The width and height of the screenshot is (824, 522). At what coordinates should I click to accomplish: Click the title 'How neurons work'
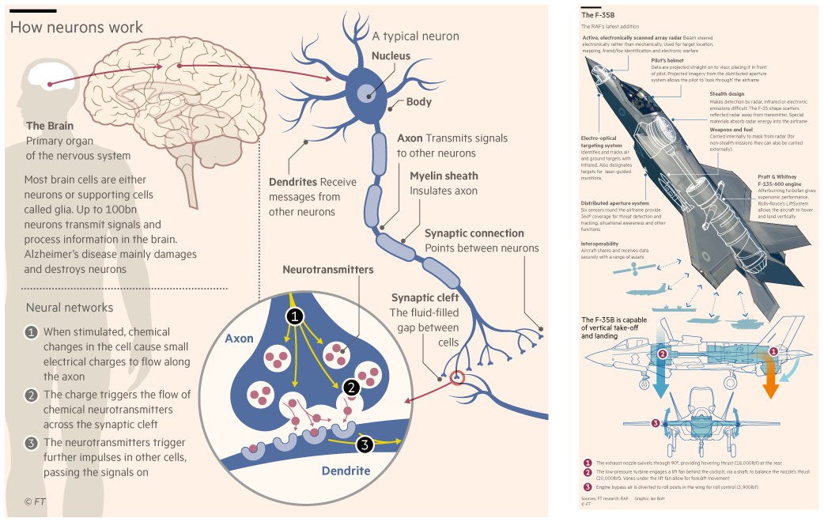tap(76, 28)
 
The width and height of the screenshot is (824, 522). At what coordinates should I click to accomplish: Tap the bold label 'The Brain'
tap(50, 126)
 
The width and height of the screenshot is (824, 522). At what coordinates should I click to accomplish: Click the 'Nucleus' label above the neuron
tap(391, 56)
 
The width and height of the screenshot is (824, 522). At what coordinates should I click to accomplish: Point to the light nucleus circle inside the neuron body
tap(366, 92)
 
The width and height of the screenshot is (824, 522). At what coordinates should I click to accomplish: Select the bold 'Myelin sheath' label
tap(444, 176)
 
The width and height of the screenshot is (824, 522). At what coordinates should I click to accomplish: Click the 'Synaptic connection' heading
tap(474, 233)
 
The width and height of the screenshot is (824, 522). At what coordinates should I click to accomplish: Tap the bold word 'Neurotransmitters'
tap(327, 270)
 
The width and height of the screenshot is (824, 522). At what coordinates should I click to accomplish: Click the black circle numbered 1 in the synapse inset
tap(294, 317)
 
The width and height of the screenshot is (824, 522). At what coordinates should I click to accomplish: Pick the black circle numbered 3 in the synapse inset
tap(364, 444)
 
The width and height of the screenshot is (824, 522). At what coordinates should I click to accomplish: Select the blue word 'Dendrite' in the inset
tap(346, 471)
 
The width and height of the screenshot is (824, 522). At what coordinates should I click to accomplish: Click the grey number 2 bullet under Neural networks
tap(32, 394)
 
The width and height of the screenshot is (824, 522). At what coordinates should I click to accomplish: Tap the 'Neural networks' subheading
tap(70, 308)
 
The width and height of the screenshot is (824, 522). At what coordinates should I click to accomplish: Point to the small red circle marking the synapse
tap(456, 377)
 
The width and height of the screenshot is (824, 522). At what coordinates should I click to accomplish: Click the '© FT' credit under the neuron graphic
tap(35, 501)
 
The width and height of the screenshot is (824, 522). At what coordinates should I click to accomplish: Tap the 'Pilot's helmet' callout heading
tap(667, 60)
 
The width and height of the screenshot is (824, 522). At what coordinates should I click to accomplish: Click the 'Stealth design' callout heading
tap(727, 94)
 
